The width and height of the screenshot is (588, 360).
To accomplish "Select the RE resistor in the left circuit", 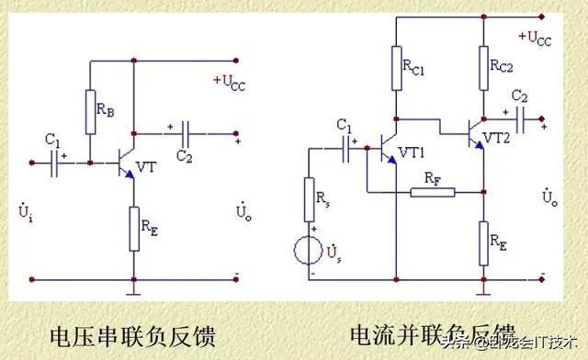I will pyautogui.click(x=133, y=226).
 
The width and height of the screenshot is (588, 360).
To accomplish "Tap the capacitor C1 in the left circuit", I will pyautogui.click(x=61, y=163).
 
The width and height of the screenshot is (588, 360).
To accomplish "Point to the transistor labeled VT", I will pyautogui.click(x=126, y=163).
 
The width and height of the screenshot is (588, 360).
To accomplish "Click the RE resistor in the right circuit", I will pyautogui.click(x=484, y=240).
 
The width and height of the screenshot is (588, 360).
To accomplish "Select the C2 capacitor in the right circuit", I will pyautogui.click(x=521, y=118).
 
